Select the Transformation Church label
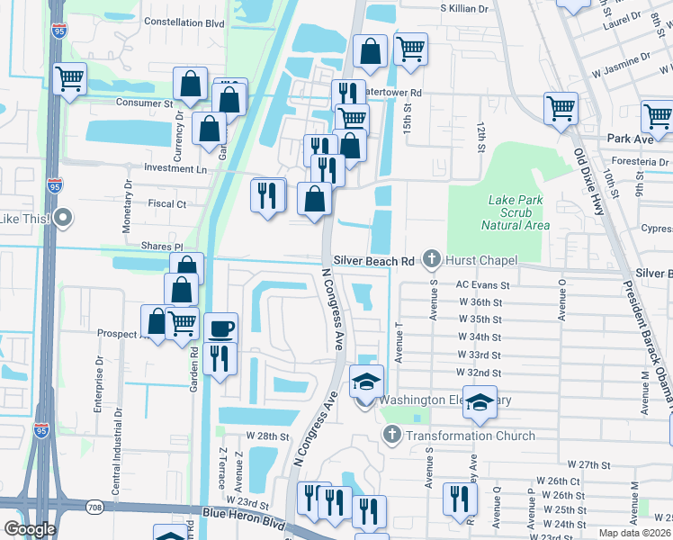(469, 436)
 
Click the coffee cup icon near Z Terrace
(220, 328)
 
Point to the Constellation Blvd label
(184, 22)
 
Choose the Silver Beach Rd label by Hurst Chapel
(373, 261)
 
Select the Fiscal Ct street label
(167, 204)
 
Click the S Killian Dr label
(463, 7)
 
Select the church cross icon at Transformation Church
(391, 436)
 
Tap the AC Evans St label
(482, 285)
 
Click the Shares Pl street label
(162, 246)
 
